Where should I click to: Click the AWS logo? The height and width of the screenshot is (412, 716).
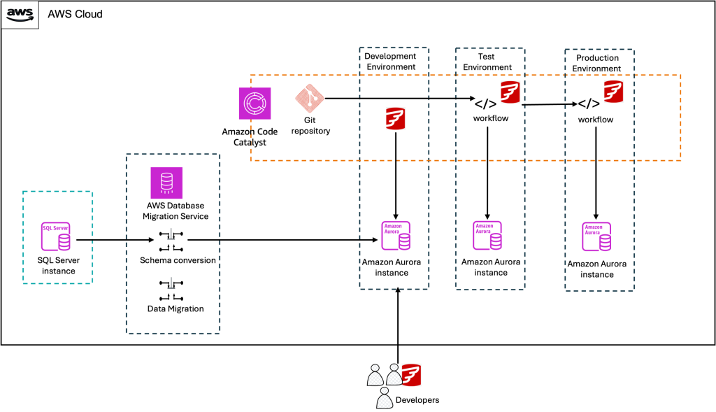point(20,14)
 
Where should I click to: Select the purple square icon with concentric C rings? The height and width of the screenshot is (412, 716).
point(255,104)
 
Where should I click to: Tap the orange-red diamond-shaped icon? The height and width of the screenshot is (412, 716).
point(309,98)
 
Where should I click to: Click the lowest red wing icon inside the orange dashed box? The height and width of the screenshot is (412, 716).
point(396,118)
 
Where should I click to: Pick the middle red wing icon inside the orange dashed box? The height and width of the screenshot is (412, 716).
point(510,92)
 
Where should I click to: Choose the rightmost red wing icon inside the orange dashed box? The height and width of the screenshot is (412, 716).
point(614,91)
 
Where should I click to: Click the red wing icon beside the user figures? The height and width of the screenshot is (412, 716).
point(412,375)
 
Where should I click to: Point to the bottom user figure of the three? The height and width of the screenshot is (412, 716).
point(385,398)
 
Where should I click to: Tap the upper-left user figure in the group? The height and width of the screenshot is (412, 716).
point(375,376)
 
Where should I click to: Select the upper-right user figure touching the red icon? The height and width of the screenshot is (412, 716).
point(394,375)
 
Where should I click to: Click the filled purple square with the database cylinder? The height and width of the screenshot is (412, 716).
point(166,183)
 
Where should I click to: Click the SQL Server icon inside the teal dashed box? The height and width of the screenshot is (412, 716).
point(55,236)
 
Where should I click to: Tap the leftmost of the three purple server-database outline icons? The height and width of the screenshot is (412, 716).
point(396,235)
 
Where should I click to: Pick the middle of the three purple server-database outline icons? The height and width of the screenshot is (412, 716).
point(487,235)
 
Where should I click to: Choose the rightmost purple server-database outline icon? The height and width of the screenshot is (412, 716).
point(596,236)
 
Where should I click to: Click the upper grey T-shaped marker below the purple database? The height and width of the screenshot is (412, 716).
point(171,234)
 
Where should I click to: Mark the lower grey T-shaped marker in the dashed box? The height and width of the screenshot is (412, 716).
point(171,283)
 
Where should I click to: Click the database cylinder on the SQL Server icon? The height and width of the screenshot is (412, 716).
point(64,242)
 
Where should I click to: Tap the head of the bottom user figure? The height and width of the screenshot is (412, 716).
point(385,390)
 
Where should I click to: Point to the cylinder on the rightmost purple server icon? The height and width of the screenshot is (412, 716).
point(605,242)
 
